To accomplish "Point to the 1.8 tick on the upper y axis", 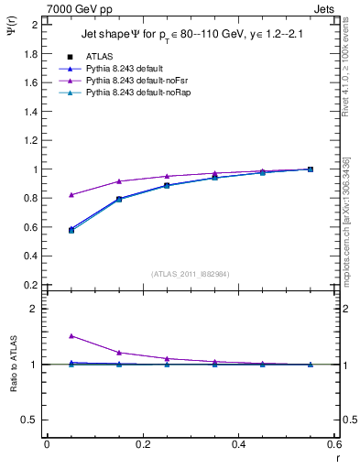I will click(x=31, y=54).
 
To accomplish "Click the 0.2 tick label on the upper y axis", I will click(x=31, y=285).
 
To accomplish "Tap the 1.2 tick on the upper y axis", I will click(x=31, y=140).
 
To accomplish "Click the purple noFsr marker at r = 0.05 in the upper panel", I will click(x=71, y=195).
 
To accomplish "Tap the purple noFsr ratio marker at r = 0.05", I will click(x=71, y=336).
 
